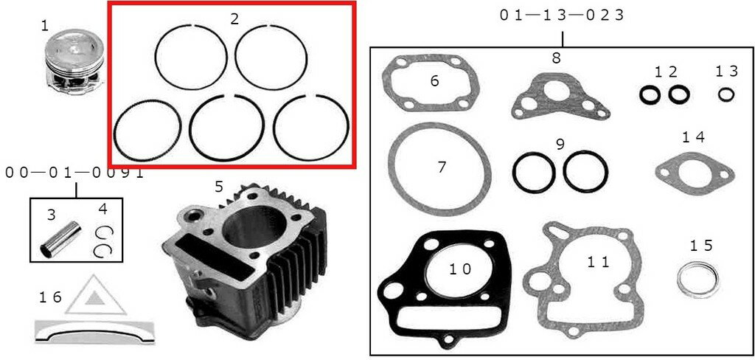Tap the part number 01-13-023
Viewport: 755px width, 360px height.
tap(562, 15)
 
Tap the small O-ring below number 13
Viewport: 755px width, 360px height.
tap(726, 94)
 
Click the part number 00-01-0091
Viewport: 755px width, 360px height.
tap(74, 173)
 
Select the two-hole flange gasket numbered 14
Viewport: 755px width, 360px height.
tap(694, 173)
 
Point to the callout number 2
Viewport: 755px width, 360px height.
tap(234, 19)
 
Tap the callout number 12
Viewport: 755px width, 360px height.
tap(665, 71)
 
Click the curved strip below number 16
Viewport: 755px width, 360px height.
tap(94, 331)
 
